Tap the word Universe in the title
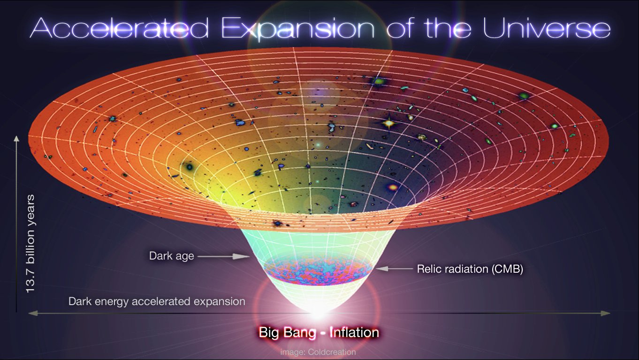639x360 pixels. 547,29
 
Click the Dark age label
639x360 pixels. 171,256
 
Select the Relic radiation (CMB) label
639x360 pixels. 470,269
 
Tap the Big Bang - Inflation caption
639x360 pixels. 319,333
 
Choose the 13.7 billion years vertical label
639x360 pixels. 31,244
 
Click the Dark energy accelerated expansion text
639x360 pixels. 157,301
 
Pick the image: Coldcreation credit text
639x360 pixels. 318,352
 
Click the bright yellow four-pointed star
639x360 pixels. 388,123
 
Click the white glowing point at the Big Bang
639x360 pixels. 319,310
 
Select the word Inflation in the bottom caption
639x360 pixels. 354,333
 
